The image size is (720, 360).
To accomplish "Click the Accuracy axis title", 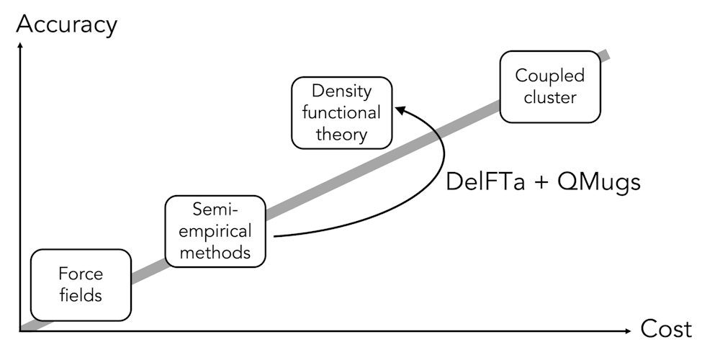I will [x=66, y=24].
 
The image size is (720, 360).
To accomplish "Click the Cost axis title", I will [x=666, y=330].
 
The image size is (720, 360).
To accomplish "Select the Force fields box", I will [x=81, y=284].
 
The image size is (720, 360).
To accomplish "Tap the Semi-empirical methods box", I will [x=215, y=231].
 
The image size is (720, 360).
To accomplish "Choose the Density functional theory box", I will [x=341, y=112].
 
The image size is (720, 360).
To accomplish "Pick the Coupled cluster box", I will [x=550, y=86].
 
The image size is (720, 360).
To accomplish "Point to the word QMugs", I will [x=599, y=181].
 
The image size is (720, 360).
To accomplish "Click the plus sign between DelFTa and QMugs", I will [x=541, y=181].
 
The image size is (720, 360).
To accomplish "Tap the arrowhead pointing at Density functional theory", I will [x=400, y=109].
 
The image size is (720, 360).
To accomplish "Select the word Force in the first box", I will [x=81, y=274].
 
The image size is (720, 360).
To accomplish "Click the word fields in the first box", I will [x=81, y=295].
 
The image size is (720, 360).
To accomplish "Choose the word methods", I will [x=215, y=253].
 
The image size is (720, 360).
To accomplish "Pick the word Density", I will [x=341, y=91].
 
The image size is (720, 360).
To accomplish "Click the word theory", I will [x=341, y=134].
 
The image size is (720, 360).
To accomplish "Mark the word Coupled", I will [x=550, y=76].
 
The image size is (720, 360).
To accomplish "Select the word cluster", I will [x=550, y=97].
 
